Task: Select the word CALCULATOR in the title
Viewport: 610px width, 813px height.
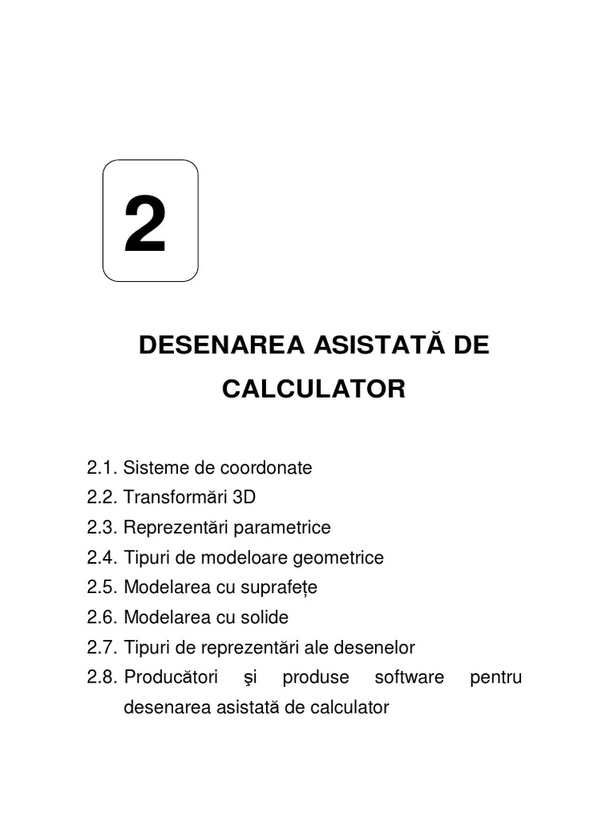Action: [x=314, y=389]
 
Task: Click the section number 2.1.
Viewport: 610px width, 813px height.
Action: [x=102, y=468]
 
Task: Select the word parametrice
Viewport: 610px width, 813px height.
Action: [x=284, y=527]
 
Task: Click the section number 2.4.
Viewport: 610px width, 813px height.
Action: [x=102, y=557]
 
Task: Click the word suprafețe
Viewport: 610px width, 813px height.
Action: [x=279, y=588]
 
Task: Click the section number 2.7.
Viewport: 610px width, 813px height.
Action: [x=102, y=647]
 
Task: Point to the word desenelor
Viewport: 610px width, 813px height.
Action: [x=376, y=647]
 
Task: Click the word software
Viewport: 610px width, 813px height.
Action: [x=409, y=677]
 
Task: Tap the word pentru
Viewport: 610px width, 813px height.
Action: [x=496, y=677]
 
